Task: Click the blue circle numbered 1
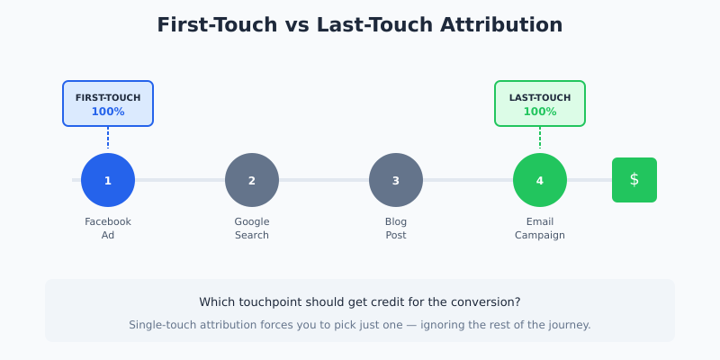(x=108, y=180)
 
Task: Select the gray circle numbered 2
(x=252, y=180)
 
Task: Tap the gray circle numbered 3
(x=396, y=180)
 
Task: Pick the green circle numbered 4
(x=540, y=180)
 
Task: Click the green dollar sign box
(x=634, y=180)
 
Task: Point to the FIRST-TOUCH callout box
(x=108, y=103)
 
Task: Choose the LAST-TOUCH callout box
(x=540, y=103)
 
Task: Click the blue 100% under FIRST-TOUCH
(x=108, y=112)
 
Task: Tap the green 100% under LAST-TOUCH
(x=540, y=112)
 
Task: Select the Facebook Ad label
(x=108, y=229)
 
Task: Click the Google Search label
(x=252, y=229)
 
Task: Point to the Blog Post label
(x=396, y=229)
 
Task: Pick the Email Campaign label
(x=540, y=229)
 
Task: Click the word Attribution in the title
(x=499, y=25)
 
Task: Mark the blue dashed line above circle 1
(x=108, y=138)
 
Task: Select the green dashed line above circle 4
(x=540, y=138)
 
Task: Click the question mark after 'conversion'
(x=517, y=302)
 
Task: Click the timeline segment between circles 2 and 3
(x=324, y=180)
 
